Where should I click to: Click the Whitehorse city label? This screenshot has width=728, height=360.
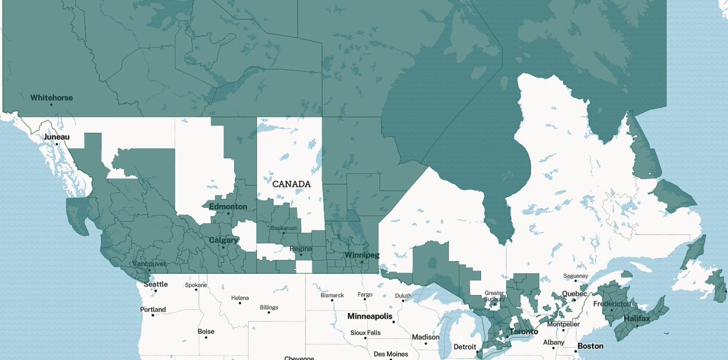pyautogui.click(x=52, y=97)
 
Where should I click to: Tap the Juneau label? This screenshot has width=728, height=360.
pyautogui.click(x=56, y=137)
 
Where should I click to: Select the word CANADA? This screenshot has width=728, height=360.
pyautogui.click(x=291, y=183)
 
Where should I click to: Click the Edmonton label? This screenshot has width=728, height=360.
pyautogui.click(x=227, y=206)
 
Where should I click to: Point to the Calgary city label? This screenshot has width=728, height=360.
pyautogui.click(x=223, y=240)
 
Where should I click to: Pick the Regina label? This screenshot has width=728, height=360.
pyautogui.click(x=301, y=249)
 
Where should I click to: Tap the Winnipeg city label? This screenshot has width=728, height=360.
pyautogui.click(x=362, y=255)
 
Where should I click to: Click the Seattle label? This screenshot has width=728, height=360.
pyautogui.click(x=156, y=284)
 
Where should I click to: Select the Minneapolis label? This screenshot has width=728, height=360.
pyautogui.click(x=369, y=316)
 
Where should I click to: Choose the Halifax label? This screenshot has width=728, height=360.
pyautogui.click(x=636, y=319)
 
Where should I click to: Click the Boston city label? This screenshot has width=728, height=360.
pyautogui.click(x=590, y=346)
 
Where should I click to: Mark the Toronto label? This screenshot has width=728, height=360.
pyautogui.click(x=523, y=332)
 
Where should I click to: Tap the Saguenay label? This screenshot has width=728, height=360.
pyautogui.click(x=576, y=276)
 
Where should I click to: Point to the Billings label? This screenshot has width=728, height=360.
pyautogui.click(x=269, y=308)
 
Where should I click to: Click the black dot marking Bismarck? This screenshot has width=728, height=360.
pyautogui.click(x=332, y=302)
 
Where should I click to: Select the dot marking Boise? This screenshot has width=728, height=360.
pyautogui.click(x=206, y=338)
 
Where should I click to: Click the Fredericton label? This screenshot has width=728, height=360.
pyautogui.click(x=612, y=304)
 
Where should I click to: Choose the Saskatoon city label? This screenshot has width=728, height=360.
pyautogui.click(x=283, y=228)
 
